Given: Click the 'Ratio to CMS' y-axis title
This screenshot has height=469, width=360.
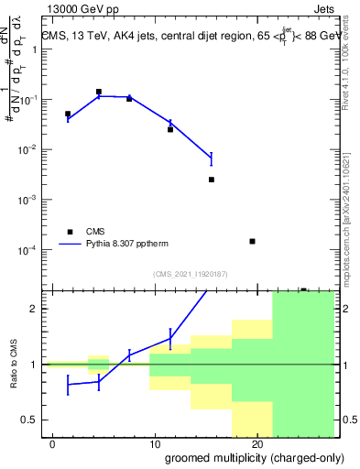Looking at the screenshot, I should pos(14,364).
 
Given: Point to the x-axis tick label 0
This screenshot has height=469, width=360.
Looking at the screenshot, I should pos(53,444).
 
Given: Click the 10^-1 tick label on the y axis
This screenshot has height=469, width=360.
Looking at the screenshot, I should pos(28,100).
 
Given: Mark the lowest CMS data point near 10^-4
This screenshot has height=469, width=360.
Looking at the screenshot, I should pos(252,241).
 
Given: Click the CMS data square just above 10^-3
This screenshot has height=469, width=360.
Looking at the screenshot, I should pos(212,180).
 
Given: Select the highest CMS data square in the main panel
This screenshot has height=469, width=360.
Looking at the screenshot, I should pos(99,92).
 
